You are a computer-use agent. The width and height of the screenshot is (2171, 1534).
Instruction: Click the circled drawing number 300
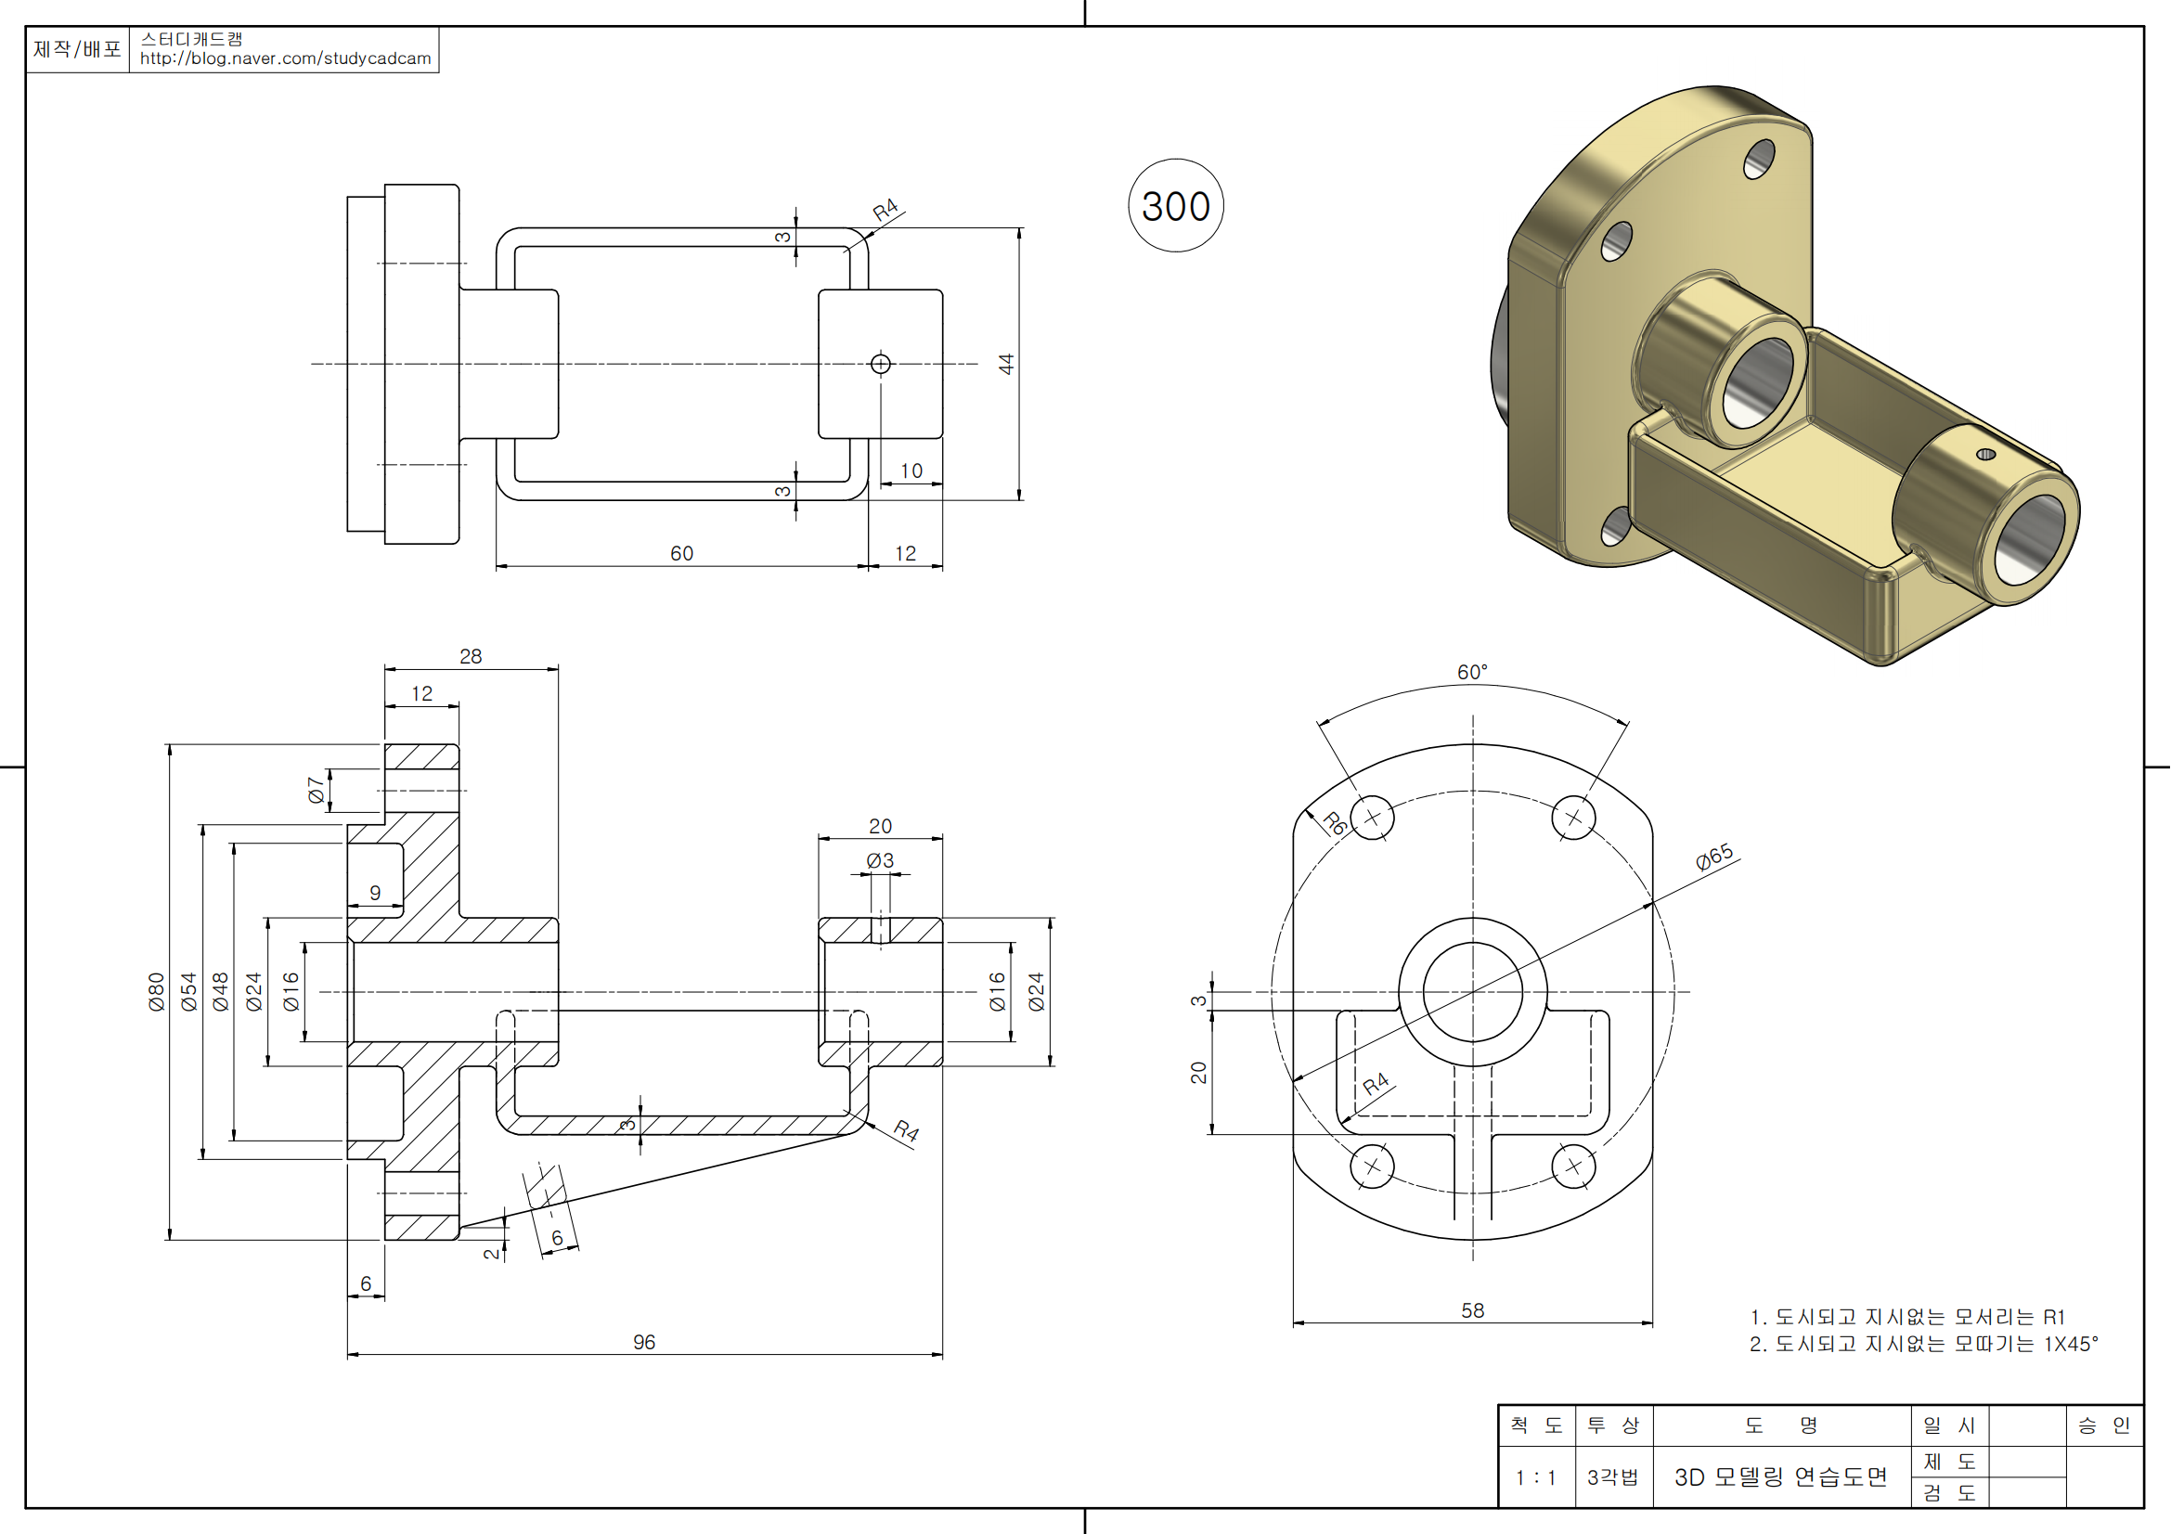[x=1175, y=206]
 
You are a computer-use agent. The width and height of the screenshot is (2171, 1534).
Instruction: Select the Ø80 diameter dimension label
[x=157, y=991]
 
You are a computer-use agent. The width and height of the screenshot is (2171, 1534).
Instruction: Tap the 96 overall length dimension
[x=644, y=1342]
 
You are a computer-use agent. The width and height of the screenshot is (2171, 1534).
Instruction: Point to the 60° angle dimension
[x=1472, y=672]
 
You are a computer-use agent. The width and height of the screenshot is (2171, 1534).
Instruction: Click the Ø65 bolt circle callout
[x=1714, y=857]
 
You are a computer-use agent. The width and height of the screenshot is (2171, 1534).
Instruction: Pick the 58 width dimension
[x=1472, y=1310]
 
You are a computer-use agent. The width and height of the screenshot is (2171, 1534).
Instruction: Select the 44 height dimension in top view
[x=1006, y=364]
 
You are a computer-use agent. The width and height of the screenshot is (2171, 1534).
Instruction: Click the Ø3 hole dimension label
[x=880, y=860]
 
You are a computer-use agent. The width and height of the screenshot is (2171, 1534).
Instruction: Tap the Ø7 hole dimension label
[x=317, y=789]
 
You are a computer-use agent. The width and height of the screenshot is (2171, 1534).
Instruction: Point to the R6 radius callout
[x=1334, y=823]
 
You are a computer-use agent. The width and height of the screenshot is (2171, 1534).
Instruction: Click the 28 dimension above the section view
[x=471, y=656]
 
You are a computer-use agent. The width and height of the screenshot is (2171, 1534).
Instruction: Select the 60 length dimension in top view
[x=682, y=553]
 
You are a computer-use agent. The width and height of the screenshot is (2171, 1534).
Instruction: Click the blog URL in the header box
[x=286, y=58]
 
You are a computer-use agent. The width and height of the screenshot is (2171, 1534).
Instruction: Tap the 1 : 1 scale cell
[x=1535, y=1477]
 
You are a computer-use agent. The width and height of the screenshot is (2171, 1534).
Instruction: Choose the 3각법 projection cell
[x=1613, y=1477]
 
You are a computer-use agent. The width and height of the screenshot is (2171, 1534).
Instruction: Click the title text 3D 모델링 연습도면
[x=1780, y=1477]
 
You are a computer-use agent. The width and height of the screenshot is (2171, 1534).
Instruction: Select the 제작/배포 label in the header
[x=78, y=49]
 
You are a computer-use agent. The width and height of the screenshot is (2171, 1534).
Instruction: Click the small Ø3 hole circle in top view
[x=880, y=364]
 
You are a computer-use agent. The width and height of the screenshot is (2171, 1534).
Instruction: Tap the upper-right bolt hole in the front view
[x=1573, y=818]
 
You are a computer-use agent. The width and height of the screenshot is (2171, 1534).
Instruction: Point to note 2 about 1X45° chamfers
[x=1923, y=1344]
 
